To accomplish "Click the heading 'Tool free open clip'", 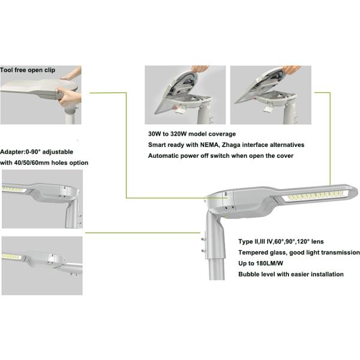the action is pyautogui.click(x=28, y=70).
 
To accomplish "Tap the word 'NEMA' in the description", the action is pyautogui.click(x=210, y=145).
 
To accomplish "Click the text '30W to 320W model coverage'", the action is pyautogui.click(x=192, y=134).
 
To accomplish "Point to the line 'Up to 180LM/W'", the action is pyautogui.click(x=260, y=263).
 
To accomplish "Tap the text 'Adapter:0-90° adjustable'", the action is pyautogui.click(x=37, y=152).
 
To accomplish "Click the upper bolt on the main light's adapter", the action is pyautogui.click(x=203, y=239).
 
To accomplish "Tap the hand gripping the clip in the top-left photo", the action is pyautogui.click(x=70, y=97).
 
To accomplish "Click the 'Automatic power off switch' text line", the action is pyautogui.click(x=221, y=155).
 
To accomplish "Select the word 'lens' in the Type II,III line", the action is pyautogui.click(x=318, y=242).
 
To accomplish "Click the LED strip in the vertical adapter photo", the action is pyautogui.click(x=13, y=190).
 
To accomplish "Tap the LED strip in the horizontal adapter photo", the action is pyautogui.click(x=11, y=257).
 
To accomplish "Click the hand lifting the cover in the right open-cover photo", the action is pyautogui.click(x=291, y=69).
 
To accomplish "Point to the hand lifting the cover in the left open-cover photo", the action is pyautogui.click(x=200, y=68).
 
